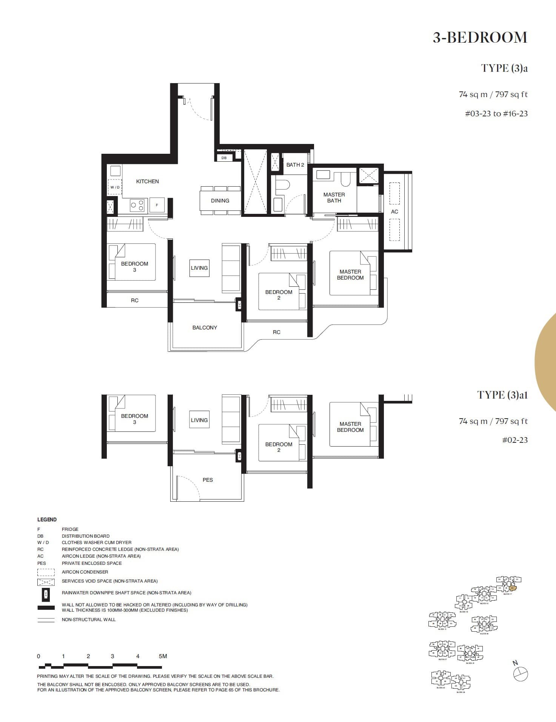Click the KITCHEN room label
pyautogui.click(x=147, y=181)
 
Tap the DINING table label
pyautogui.click(x=220, y=201)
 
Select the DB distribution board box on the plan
pyautogui.click(x=224, y=158)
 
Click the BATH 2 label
pyautogui.click(x=295, y=165)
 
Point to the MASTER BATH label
pyautogui.click(x=334, y=198)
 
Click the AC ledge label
pyautogui.click(x=394, y=212)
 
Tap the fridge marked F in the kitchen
pyautogui.click(x=157, y=205)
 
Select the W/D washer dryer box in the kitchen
pyautogui.click(x=115, y=187)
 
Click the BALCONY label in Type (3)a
pyautogui.click(x=205, y=328)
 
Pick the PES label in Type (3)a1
pyautogui.click(x=208, y=480)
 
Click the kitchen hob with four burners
pyautogui.click(x=137, y=205)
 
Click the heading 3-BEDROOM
pyautogui.click(x=479, y=38)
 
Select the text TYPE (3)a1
pyautogui.click(x=502, y=395)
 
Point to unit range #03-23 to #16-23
pyautogui.click(x=496, y=114)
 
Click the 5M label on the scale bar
pyautogui.click(x=163, y=656)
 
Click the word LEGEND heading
pyautogui.click(x=47, y=519)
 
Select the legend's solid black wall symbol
pyautogui.click(x=46, y=608)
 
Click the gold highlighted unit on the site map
pyautogui.click(x=512, y=588)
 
